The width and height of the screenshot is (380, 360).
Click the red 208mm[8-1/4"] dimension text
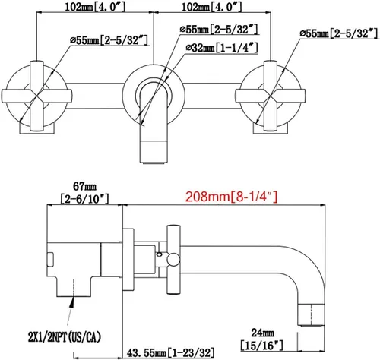point(232,197)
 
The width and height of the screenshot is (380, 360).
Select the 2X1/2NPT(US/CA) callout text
point(65,337)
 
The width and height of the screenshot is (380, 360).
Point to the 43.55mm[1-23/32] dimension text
point(170,352)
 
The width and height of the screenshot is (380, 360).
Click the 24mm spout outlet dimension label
point(263,333)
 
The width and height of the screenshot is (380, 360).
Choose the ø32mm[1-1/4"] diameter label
point(222,47)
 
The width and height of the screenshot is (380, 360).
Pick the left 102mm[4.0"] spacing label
point(95,7)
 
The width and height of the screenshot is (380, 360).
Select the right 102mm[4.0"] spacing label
point(212,7)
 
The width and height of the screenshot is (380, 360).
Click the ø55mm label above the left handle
point(109,40)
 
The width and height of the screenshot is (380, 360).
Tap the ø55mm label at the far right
point(340,33)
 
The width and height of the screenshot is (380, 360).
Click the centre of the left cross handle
point(36,96)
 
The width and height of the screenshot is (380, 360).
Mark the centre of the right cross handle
point(271,96)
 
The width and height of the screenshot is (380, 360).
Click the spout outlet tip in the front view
point(154,162)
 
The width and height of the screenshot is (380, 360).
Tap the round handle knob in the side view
point(173,260)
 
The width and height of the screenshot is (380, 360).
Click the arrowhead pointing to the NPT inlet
point(73,302)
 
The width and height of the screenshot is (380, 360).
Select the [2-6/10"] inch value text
point(84,199)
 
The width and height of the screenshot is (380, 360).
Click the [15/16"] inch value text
point(262,346)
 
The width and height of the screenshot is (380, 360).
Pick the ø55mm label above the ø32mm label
point(220,29)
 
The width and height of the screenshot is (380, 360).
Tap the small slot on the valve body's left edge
point(50,260)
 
